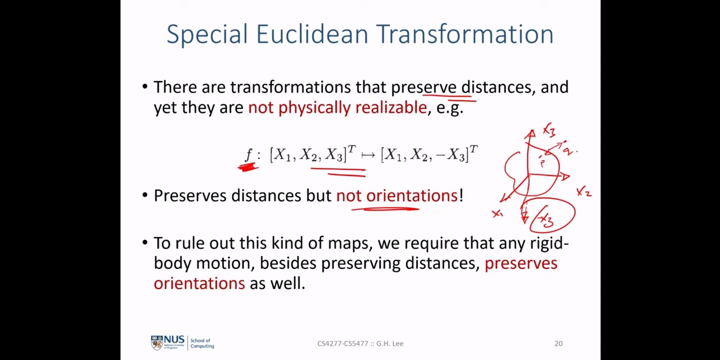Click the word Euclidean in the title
(312, 34)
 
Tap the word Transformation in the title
(465, 34)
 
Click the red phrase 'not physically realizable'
(337, 107)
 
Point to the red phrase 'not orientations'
(397, 195)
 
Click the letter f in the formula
(249, 155)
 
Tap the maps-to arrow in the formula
(368, 156)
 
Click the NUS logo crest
(157, 343)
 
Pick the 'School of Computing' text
(202, 343)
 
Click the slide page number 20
(559, 343)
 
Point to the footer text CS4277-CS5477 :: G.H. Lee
(361, 343)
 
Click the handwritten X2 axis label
(584, 192)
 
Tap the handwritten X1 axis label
(498, 213)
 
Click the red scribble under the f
(248, 167)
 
